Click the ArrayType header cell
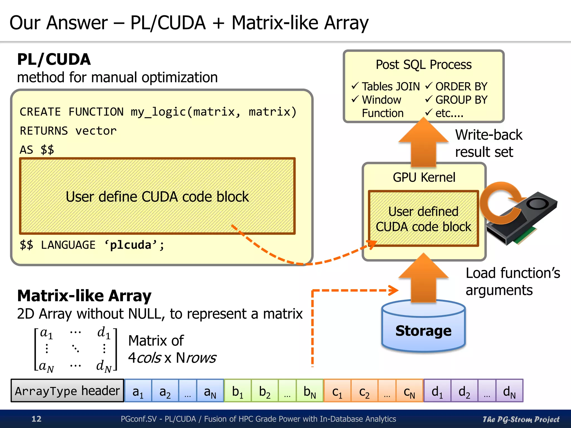[67, 391]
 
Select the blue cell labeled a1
[138, 391]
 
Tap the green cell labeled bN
[309, 391]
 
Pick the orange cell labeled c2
[364, 391]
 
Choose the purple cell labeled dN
[509, 391]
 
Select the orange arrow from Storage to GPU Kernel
[424, 279]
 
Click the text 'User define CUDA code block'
[157, 197]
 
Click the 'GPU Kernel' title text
[424, 177]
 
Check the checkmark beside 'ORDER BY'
[429, 86]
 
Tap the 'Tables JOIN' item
[391, 87]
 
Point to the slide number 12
[36, 419]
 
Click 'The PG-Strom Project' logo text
[521, 419]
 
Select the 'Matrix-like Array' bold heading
[84, 296]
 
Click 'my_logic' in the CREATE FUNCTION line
[158, 112]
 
